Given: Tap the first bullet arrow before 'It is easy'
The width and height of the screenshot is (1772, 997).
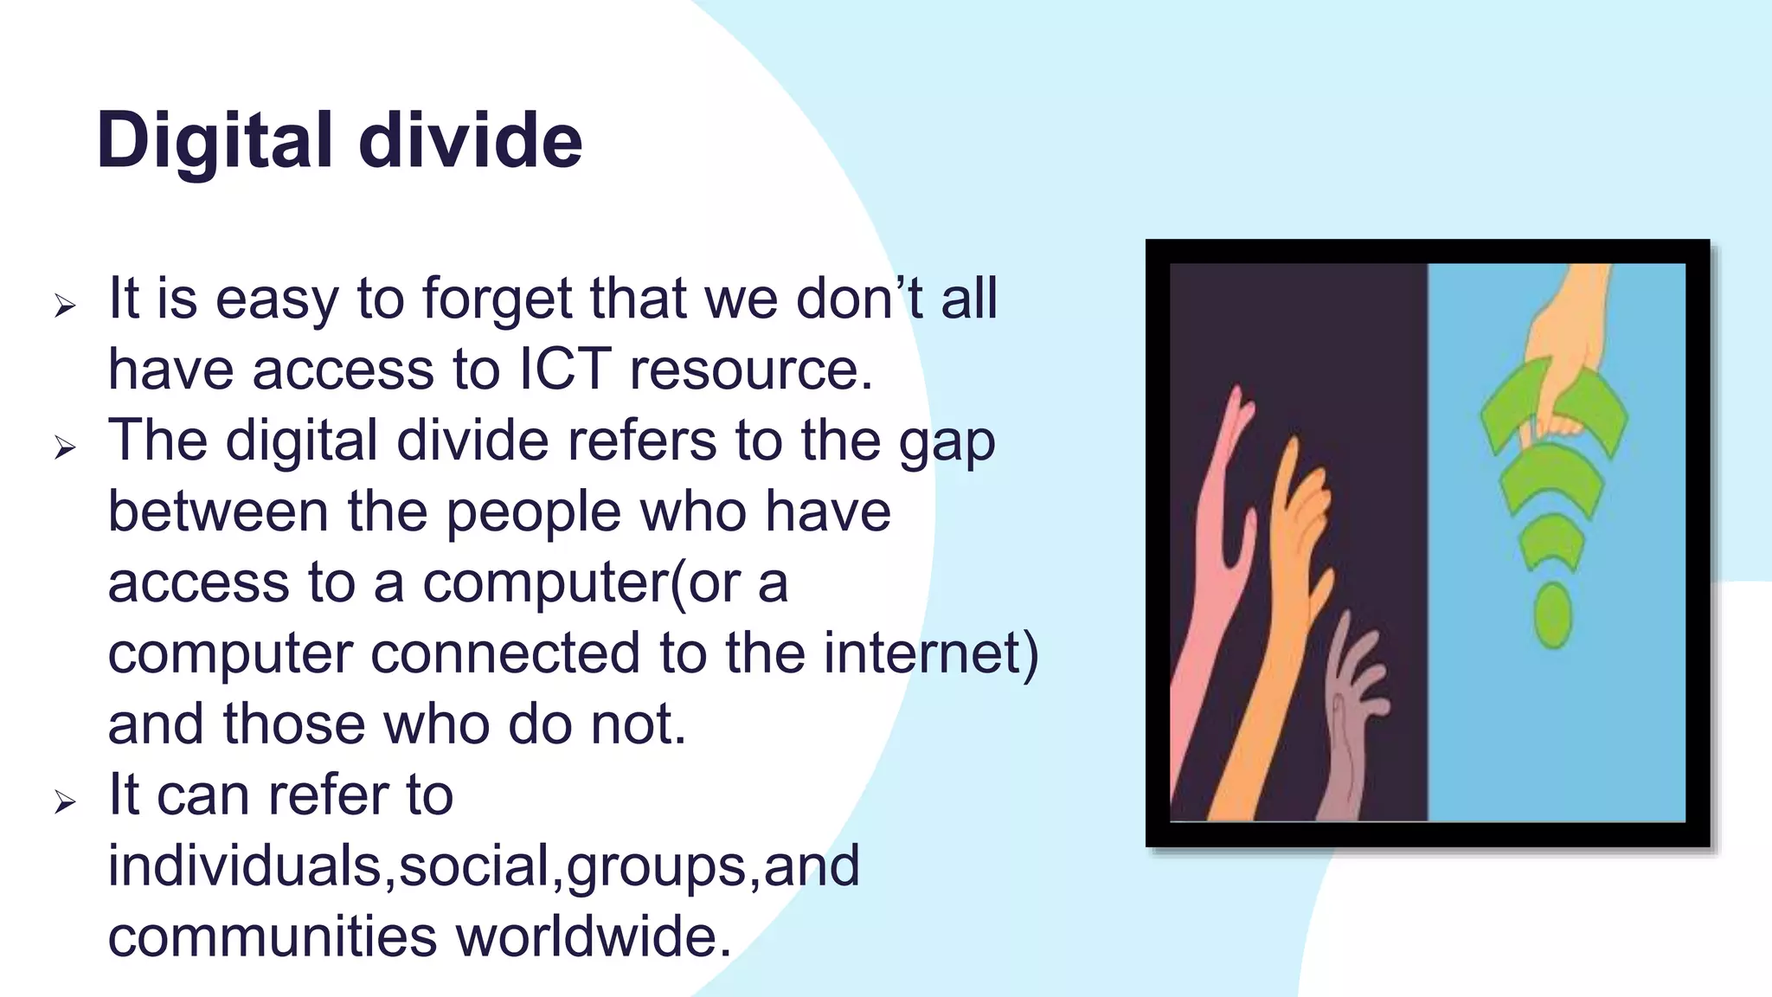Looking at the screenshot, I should click(x=65, y=306).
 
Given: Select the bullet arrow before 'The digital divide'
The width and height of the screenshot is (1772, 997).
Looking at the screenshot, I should click(x=65, y=447).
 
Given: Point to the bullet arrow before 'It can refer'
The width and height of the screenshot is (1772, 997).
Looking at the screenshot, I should click(x=65, y=801).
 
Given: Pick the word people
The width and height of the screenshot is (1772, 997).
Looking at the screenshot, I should click(x=533, y=512).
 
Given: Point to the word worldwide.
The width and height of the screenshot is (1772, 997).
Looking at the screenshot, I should click(x=594, y=937).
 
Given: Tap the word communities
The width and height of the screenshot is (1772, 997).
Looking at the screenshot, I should click(x=273, y=937).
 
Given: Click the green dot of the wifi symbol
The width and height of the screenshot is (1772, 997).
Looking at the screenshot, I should click(x=1552, y=616).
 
